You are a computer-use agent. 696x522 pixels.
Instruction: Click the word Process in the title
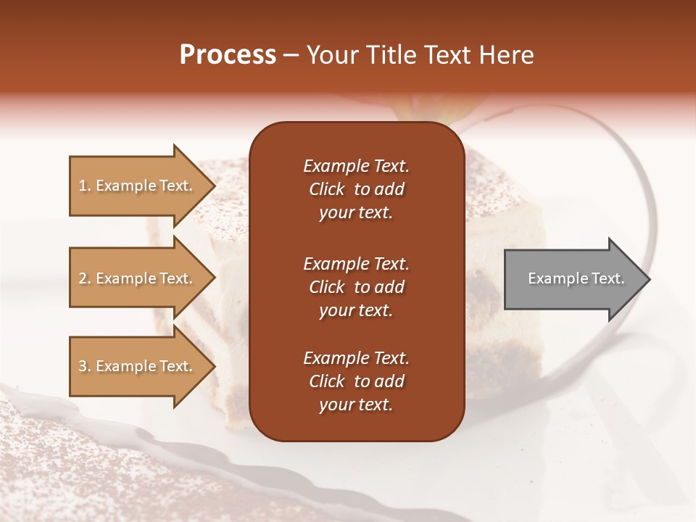pos(228,55)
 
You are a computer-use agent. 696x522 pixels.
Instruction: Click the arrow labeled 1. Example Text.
pos(138,186)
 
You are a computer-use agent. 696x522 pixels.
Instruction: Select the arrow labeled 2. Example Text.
pos(138,278)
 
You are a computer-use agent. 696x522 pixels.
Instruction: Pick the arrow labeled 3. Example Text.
pos(138,366)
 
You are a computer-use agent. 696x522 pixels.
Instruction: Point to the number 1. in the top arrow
pos(85,186)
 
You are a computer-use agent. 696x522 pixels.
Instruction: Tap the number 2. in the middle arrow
pos(85,278)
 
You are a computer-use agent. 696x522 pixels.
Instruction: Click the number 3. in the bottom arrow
pos(85,366)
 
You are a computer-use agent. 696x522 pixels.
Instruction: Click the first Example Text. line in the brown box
pos(356,166)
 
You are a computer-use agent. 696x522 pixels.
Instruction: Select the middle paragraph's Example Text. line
pos(356,263)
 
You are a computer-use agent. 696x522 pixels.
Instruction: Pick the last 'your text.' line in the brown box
pos(356,405)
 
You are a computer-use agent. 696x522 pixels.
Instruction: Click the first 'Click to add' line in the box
pos(356,189)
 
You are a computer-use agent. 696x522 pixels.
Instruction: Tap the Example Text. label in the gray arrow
pos(576,278)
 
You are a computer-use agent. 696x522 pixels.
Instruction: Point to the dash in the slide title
pos(291,56)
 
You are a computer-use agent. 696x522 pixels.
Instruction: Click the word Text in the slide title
pos(446,55)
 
